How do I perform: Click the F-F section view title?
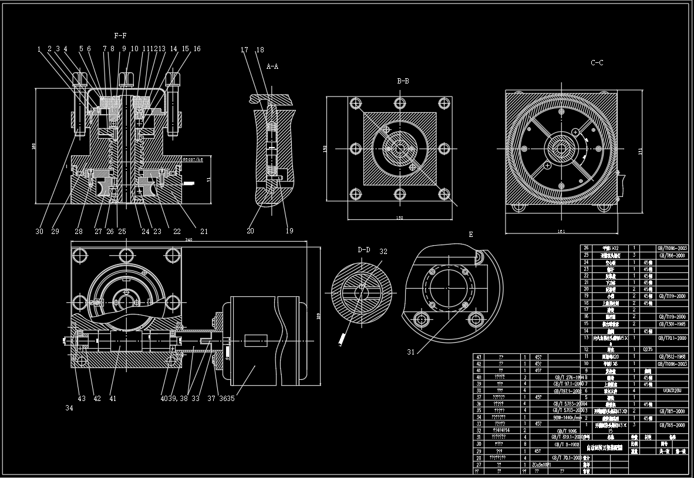[121, 36]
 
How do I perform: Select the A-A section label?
[272, 67]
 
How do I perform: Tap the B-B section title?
[403, 81]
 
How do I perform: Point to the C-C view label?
[597, 62]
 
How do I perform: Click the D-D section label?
[364, 250]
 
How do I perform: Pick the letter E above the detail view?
[470, 234]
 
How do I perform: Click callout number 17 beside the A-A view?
[245, 50]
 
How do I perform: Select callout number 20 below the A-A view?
[251, 231]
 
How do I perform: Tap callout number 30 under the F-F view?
[39, 232]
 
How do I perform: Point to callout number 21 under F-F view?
[204, 232]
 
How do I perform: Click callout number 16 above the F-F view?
[197, 49]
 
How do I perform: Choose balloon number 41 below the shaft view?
[113, 399]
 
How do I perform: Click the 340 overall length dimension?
[188, 240]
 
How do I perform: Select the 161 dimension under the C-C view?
[561, 232]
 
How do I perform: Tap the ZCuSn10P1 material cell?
[541, 464]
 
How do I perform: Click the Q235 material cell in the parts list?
[648, 349]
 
